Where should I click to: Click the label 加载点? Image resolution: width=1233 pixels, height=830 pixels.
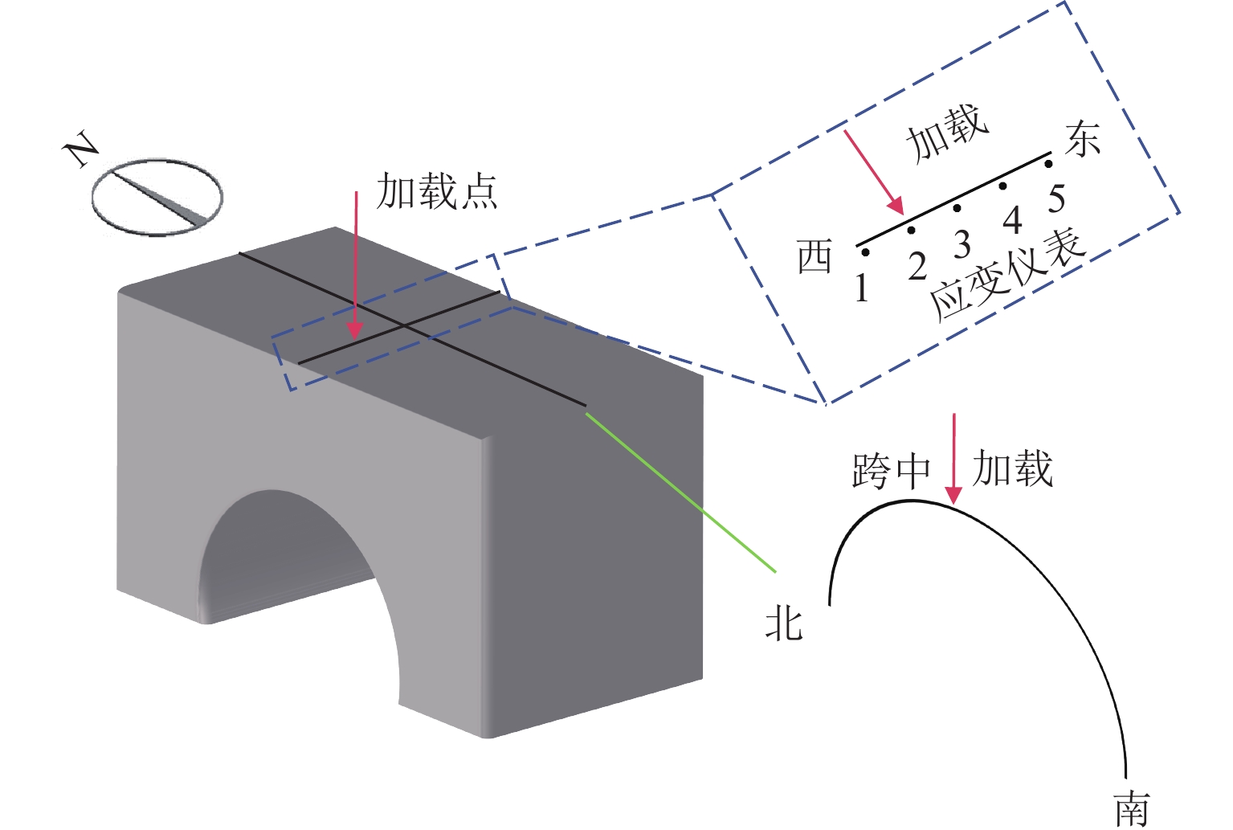pyautogui.click(x=438, y=192)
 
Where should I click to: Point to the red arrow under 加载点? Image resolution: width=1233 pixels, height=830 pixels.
pyautogui.click(x=355, y=265)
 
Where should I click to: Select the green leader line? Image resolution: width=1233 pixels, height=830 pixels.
pyautogui.click(x=681, y=492)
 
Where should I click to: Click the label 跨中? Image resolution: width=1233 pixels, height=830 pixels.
pyautogui.click(x=891, y=471)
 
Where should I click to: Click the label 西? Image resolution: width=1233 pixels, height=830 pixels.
pyautogui.click(x=815, y=257)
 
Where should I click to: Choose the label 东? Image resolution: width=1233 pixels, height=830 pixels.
pyautogui.click(x=1083, y=139)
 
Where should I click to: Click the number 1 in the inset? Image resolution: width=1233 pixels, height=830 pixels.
pyautogui.click(x=862, y=288)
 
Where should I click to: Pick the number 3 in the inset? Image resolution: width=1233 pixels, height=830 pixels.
pyautogui.click(x=962, y=244)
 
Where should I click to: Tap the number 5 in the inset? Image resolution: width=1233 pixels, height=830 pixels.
pyautogui.click(x=1057, y=198)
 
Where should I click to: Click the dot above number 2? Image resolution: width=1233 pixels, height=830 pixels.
pyautogui.click(x=911, y=231)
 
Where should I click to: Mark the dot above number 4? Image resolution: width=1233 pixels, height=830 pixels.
pyautogui.click(x=1002, y=186)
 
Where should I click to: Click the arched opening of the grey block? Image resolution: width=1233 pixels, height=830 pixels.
pyautogui.click(x=297, y=579)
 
